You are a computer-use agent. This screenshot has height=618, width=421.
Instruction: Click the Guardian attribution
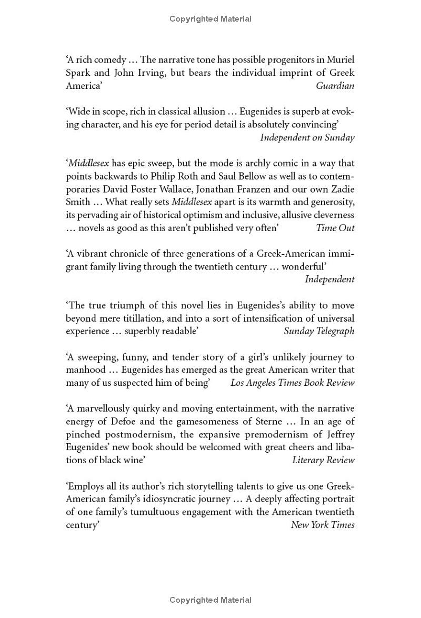point(335,86)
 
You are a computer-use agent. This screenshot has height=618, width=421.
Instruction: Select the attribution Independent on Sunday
point(307,137)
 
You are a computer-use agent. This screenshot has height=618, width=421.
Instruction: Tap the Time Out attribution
point(335,228)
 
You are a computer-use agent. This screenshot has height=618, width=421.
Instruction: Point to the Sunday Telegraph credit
point(319,331)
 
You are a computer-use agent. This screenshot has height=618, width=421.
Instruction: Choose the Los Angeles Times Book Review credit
point(293,383)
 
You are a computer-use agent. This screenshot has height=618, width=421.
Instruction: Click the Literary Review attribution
point(323,460)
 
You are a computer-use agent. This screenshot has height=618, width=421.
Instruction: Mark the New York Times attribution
point(323,525)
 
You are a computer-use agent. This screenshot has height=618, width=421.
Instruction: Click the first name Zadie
point(342,189)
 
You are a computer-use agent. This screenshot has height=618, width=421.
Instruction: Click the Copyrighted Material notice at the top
point(210,19)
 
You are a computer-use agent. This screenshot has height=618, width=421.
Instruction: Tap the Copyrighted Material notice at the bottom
point(210,600)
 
